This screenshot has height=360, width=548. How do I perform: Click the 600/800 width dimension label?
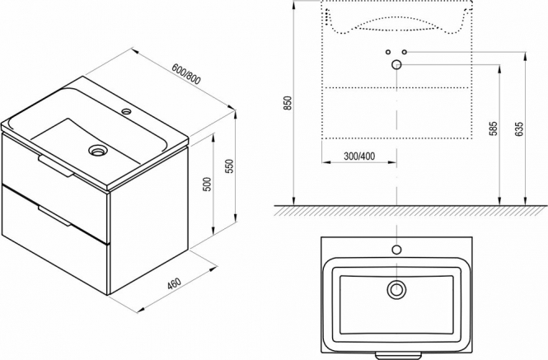click(186, 74)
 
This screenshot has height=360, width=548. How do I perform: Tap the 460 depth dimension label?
click(174, 283)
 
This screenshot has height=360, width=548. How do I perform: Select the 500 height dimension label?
click(207, 185)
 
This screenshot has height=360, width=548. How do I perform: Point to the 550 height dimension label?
click(229, 166)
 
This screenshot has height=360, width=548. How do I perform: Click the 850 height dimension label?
click(288, 103)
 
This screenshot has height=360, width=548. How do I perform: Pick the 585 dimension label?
click(493, 129)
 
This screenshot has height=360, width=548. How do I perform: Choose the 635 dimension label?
click(519, 129)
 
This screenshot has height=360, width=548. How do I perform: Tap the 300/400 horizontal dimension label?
click(359, 156)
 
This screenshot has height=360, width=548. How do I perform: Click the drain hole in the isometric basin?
click(97, 150)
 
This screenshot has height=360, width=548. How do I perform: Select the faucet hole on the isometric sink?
click(126, 112)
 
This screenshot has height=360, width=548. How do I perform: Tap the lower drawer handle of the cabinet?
click(55, 216)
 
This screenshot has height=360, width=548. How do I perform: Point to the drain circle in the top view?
click(396, 289)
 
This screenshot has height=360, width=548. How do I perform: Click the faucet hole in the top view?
click(396, 250)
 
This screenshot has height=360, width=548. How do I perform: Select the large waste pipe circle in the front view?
click(396, 64)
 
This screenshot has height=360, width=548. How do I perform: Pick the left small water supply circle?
click(388, 52)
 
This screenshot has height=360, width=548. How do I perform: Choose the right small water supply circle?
click(405, 52)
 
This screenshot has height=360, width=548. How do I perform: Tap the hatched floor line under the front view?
click(410, 210)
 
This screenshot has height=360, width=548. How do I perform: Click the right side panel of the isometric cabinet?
click(150, 217)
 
